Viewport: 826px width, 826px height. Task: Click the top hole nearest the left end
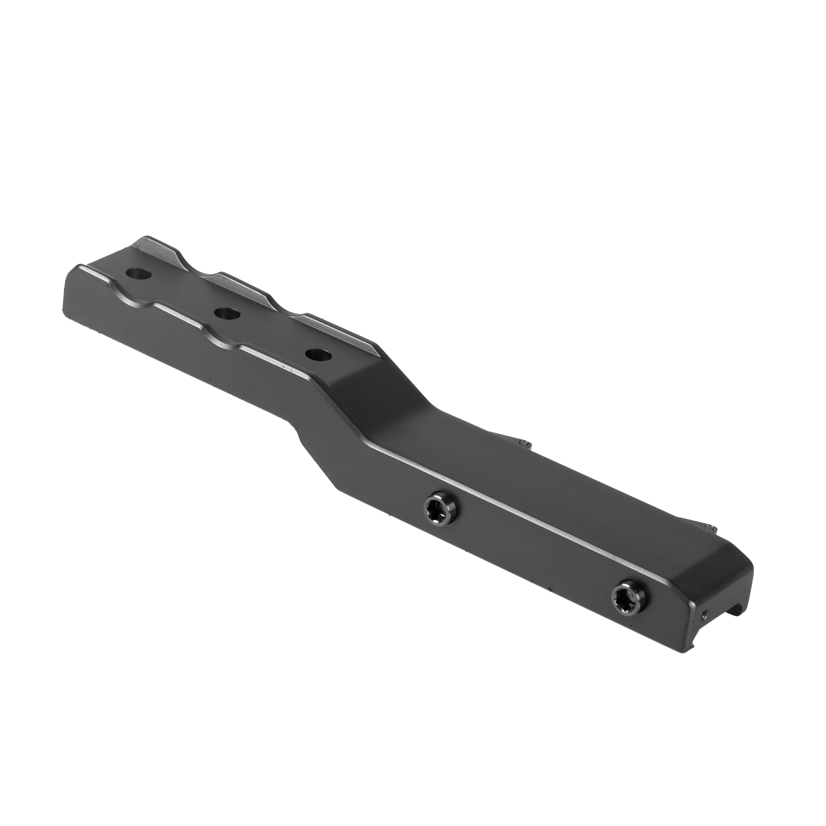tap(139, 273)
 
